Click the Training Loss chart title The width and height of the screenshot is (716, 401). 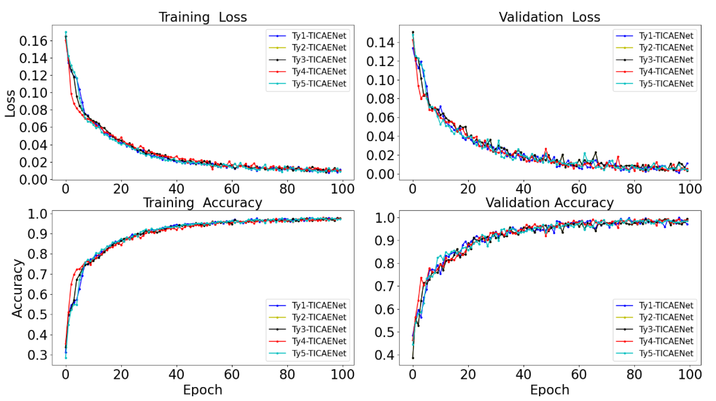203,17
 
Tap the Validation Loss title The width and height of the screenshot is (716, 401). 549,17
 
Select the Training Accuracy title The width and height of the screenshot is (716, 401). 203,203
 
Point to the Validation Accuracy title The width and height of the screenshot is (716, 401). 549,203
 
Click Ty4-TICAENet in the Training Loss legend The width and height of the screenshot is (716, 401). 319,72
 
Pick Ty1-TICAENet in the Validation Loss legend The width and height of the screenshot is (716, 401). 666,36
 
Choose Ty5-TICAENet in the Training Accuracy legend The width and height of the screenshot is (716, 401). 319,353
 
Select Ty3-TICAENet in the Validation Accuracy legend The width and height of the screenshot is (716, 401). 666,329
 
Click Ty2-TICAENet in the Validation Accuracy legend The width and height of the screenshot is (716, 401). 666,317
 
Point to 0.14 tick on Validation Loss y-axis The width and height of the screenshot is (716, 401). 380,43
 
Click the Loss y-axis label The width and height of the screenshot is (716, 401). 10,103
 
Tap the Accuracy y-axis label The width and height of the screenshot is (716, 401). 17,288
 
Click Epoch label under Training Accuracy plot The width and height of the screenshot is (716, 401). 203,390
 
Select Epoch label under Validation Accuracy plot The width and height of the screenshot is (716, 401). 549,390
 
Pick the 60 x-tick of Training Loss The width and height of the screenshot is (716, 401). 232,189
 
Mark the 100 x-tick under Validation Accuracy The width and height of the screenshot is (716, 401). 690,375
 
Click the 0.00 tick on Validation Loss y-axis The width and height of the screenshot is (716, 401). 380,174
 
